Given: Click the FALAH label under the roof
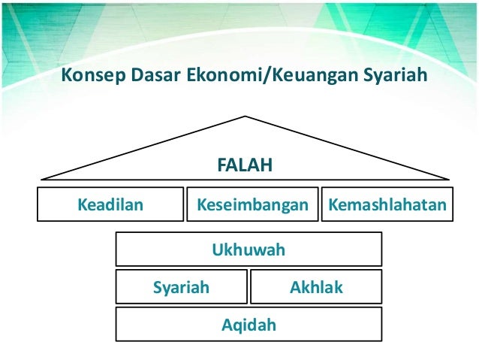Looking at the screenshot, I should click(244, 164).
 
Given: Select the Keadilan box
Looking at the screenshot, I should click(110, 204).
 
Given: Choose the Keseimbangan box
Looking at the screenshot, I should click(252, 204).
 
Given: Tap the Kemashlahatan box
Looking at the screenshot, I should click(387, 204).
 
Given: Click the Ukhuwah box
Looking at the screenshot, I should click(249, 249).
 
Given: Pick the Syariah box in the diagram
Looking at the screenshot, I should click(181, 286).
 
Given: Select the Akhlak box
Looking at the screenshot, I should click(315, 286).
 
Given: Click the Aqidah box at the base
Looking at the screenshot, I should click(249, 325).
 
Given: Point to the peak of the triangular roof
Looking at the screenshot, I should click(246, 116).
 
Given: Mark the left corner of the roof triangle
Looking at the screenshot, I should click(42, 179).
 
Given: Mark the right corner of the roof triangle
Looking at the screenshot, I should click(449, 179).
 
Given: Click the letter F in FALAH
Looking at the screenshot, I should click(221, 164).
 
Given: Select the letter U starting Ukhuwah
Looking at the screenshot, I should click(217, 250).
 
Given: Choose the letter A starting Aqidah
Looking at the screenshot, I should click(227, 325).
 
